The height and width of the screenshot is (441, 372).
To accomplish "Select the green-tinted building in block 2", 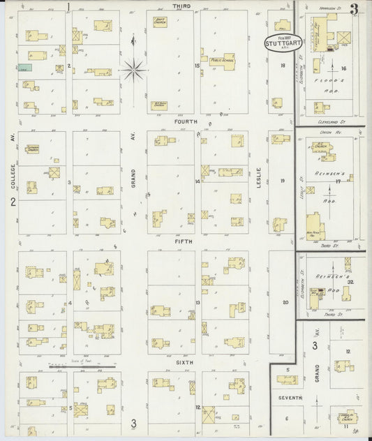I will pos(25,68).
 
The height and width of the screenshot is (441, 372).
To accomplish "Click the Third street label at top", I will pos(182,6).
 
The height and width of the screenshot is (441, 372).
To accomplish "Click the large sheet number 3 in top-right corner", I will pos(355,9).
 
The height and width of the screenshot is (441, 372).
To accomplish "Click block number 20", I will pos(284,302).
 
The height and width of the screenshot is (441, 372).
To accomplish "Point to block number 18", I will pos(283,66).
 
